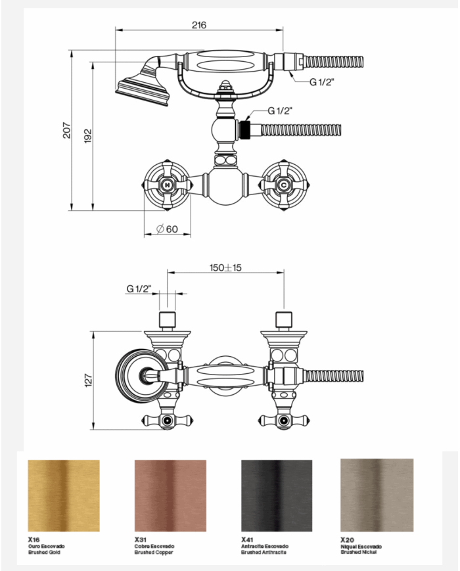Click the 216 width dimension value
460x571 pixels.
pos(199,25)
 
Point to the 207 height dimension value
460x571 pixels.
pos(66,130)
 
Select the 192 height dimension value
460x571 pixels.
pos(88,136)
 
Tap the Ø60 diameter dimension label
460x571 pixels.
pos(167,229)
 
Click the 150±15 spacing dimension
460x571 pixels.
pos(225,267)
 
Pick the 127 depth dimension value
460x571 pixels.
pos(89,380)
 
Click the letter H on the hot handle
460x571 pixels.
pos(168,185)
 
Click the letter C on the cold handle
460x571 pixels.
pos(284,185)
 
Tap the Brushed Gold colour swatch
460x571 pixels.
pos(64,495)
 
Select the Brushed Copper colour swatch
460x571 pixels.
pos(170,495)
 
